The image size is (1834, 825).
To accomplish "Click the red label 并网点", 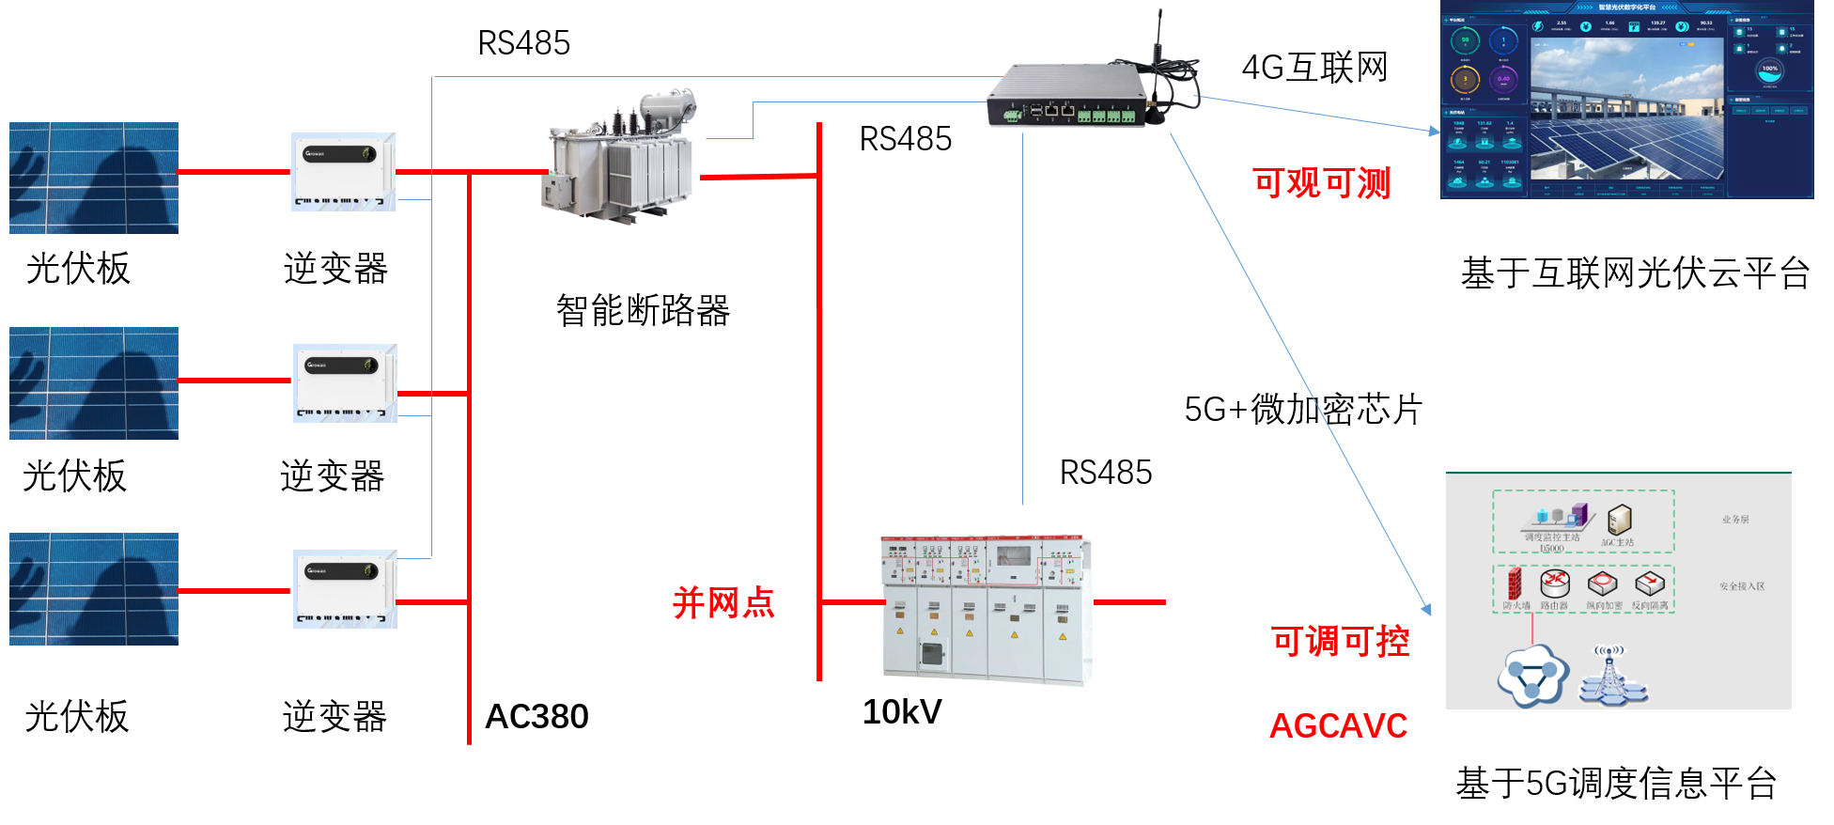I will click(723, 602).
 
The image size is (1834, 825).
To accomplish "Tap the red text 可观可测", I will click(1322, 182).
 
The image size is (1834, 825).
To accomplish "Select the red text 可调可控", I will click(1340, 641).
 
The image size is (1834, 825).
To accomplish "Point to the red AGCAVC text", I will click(1338, 725).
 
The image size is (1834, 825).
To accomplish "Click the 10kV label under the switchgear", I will click(902, 711).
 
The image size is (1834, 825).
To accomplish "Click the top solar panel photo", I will click(94, 178).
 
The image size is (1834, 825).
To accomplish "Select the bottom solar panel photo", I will click(94, 589).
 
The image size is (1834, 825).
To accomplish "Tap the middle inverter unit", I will click(345, 383).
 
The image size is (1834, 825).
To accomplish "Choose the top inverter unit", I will click(343, 172).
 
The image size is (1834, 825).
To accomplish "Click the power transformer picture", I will click(620, 159).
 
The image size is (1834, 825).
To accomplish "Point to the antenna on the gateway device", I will click(1159, 38).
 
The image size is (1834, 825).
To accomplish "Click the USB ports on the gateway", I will click(1035, 111).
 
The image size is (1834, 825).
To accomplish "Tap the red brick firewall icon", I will click(1514, 584).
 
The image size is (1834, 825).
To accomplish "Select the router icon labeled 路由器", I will click(1555, 584).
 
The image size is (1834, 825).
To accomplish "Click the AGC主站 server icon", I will click(1619, 520).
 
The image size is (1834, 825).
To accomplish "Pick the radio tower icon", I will click(1610, 675).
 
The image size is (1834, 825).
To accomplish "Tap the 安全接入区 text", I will click(1742, 586).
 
